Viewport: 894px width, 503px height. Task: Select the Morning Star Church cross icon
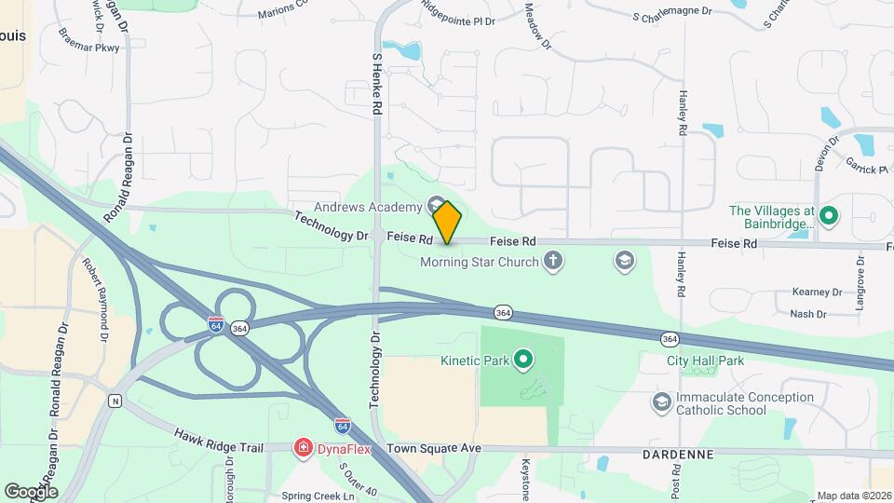pos(553,261)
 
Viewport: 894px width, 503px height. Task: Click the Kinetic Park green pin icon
pos(523,359)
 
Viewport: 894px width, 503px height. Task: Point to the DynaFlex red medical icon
pos(303,449)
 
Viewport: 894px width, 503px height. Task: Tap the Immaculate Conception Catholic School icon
pos(662,402)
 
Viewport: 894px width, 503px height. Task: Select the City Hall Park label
pos(706,360)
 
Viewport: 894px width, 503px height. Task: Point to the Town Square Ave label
pos(434,449)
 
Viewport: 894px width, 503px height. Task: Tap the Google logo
pos(31,491)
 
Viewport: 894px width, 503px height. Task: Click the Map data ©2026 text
pos(854,496)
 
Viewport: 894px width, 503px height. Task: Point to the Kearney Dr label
pos(816,292)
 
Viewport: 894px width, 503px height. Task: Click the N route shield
pos(115,401)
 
